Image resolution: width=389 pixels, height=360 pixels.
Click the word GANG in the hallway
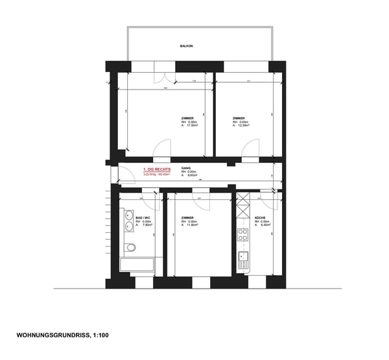pos(186,167)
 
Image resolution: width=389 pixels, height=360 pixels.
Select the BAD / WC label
pos(143,217)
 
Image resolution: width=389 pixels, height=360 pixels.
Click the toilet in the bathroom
pos(132,246)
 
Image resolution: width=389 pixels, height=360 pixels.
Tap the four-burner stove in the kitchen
pos(244,234)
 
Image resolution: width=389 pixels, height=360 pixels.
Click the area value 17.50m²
pos(192,126)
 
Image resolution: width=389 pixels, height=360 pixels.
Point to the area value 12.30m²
pos(243,126)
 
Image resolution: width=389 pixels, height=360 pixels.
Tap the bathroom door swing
pos(150,196)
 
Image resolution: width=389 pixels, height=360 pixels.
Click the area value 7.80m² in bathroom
pos(144,226)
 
